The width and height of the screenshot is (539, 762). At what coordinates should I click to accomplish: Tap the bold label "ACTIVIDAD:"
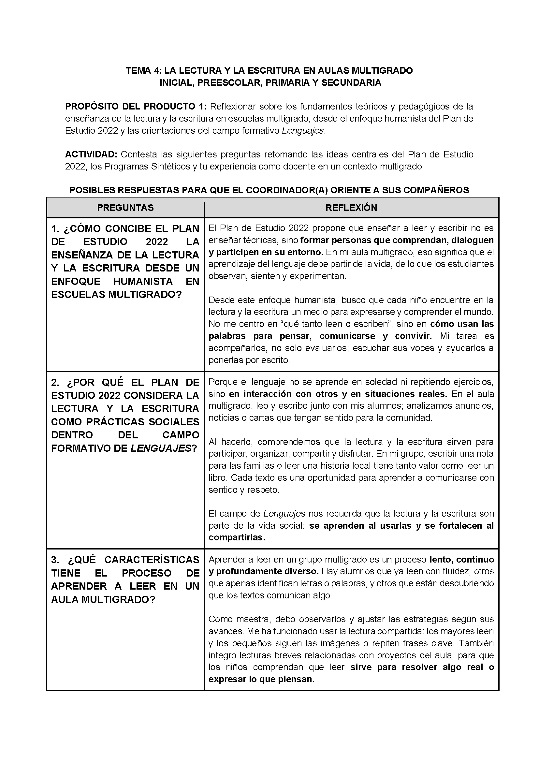click(91, 154)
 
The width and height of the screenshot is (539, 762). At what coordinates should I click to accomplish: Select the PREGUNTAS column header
click(125, 208)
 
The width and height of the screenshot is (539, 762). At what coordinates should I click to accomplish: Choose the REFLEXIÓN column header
click(351, 208)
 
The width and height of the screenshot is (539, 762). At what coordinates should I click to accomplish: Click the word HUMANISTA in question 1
click(143, 282)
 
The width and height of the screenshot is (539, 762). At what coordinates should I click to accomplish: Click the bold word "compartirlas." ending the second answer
click(237, 537)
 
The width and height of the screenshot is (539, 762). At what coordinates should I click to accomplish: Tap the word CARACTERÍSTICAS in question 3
click(152, 560)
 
